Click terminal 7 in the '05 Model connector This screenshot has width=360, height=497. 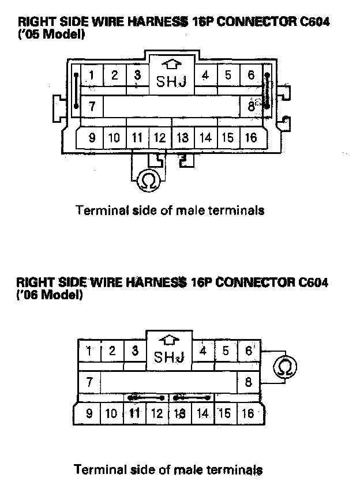tap(92, 107)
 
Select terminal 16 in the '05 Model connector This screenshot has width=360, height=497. tap(251, 138)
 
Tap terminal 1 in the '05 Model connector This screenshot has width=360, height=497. tap(92, 75)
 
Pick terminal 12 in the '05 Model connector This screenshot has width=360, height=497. tap(160, 138)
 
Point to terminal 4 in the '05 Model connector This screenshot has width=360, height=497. tap(205, 75)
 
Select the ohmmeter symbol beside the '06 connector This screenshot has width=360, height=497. tap(284, 367)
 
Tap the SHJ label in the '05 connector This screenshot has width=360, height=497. tap(172, 82)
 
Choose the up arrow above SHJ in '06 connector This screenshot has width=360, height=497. tap(169, 340)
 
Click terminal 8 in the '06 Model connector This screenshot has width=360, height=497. tap(249, 381)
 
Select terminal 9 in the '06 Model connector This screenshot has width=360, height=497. tap(89, 413)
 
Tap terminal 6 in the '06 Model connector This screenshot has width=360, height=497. tap(249, 351)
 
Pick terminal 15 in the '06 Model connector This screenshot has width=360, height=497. tap(225, 413)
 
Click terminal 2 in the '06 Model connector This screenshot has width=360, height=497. tap(112, 351)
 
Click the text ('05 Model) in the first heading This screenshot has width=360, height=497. tap(51, 34)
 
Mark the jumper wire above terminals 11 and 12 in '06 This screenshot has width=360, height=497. tap(145, 397)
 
